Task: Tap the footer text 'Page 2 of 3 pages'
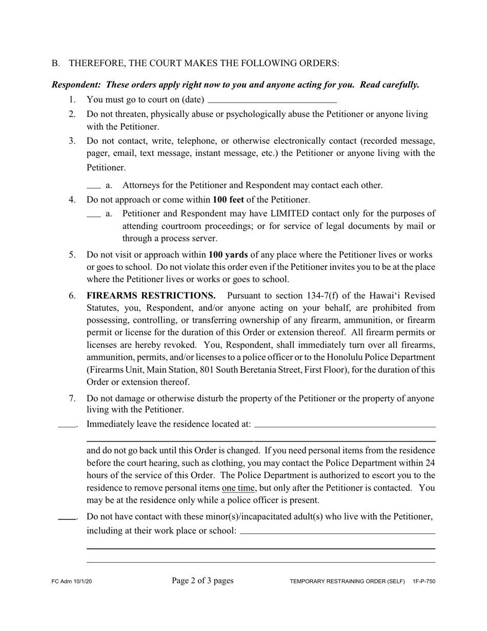tap(202, 581)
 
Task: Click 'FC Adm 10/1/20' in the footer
tap(72, 582)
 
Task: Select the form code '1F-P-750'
tap(423, 582)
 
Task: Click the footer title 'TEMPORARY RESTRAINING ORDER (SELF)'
tap(347, 582)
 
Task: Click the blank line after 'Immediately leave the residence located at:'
tap(344, 426)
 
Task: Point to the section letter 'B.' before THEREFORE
tap(56, 64)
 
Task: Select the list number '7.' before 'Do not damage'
tap(72, 399)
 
